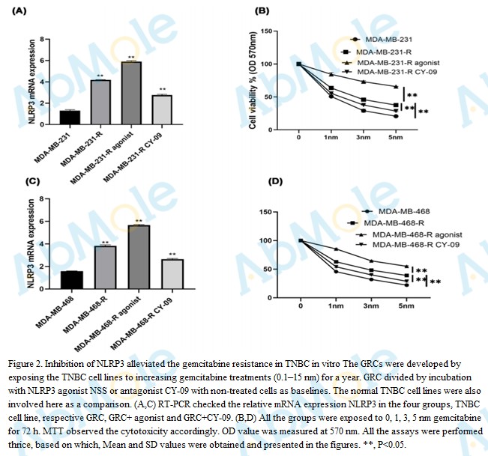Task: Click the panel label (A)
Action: click(18, 12)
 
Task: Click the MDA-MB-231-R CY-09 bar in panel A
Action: click(162, 108)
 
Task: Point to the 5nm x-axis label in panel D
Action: click(406, 305)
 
